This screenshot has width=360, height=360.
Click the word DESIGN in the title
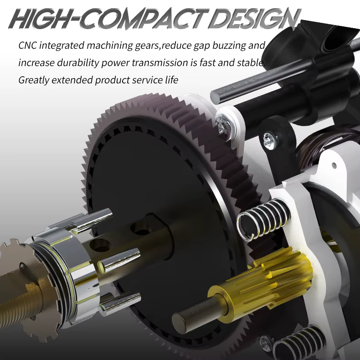[254, 19]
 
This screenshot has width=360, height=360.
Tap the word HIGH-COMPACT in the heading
[108, 19]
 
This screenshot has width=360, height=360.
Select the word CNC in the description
[27, 45]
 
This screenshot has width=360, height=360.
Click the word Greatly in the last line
[34, 80]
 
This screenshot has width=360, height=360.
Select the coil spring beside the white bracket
[264, 220]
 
